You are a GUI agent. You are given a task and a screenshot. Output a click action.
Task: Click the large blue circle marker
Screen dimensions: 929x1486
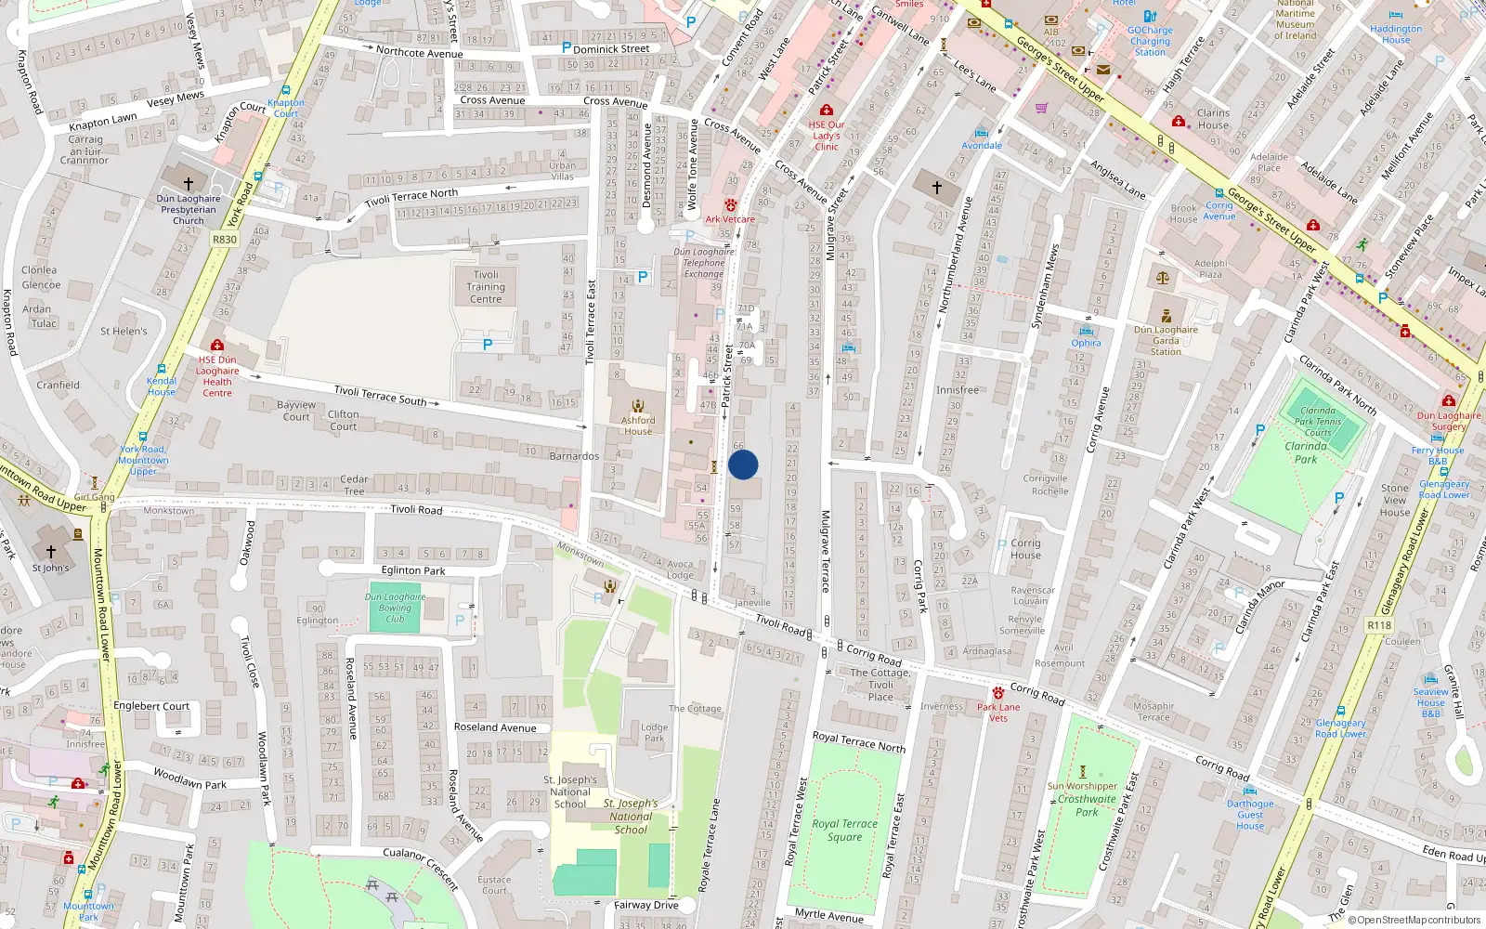[743, 464]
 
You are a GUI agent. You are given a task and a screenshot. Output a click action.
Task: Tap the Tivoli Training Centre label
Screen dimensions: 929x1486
[486, 287]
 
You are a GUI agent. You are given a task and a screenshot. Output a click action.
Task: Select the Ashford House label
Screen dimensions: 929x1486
[638, 425]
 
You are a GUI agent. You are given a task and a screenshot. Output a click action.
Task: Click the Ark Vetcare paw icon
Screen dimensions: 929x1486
[731, 205]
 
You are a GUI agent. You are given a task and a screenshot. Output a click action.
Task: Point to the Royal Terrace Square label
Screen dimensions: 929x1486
[844, 830]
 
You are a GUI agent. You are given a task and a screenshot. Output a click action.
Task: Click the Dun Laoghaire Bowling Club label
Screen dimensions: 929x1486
[396, 608]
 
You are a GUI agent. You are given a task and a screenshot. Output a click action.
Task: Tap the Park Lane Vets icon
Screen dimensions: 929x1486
[998, 693]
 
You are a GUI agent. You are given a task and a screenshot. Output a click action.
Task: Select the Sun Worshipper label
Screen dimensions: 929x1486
[1082, 786]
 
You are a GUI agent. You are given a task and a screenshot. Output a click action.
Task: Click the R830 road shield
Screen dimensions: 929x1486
[224, 239]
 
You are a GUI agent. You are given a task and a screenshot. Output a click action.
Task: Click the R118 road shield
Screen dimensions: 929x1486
[1379, 625]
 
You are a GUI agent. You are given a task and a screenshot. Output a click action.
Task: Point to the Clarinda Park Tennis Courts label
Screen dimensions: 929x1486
[1318, 421]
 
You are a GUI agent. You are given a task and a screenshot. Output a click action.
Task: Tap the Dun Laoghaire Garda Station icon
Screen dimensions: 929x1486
[1167, 316]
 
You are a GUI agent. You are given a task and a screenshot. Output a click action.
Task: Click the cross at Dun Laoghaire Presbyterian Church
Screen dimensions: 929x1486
[189, 183]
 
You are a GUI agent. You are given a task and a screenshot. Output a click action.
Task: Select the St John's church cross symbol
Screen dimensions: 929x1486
[50, 552]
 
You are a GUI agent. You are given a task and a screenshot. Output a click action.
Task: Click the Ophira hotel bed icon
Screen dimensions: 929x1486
[1086, 331]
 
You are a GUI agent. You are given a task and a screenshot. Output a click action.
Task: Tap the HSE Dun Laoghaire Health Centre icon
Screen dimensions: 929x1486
[216, 346]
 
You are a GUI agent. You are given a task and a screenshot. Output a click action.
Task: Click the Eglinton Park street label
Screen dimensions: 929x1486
[413, 570]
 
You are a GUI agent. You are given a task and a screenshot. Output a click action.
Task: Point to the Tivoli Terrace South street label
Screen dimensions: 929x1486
[380, 396]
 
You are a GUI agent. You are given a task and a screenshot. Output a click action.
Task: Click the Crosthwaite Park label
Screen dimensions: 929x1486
[1087, 805]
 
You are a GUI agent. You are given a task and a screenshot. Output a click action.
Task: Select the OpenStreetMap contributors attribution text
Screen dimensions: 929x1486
[1414, 920]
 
